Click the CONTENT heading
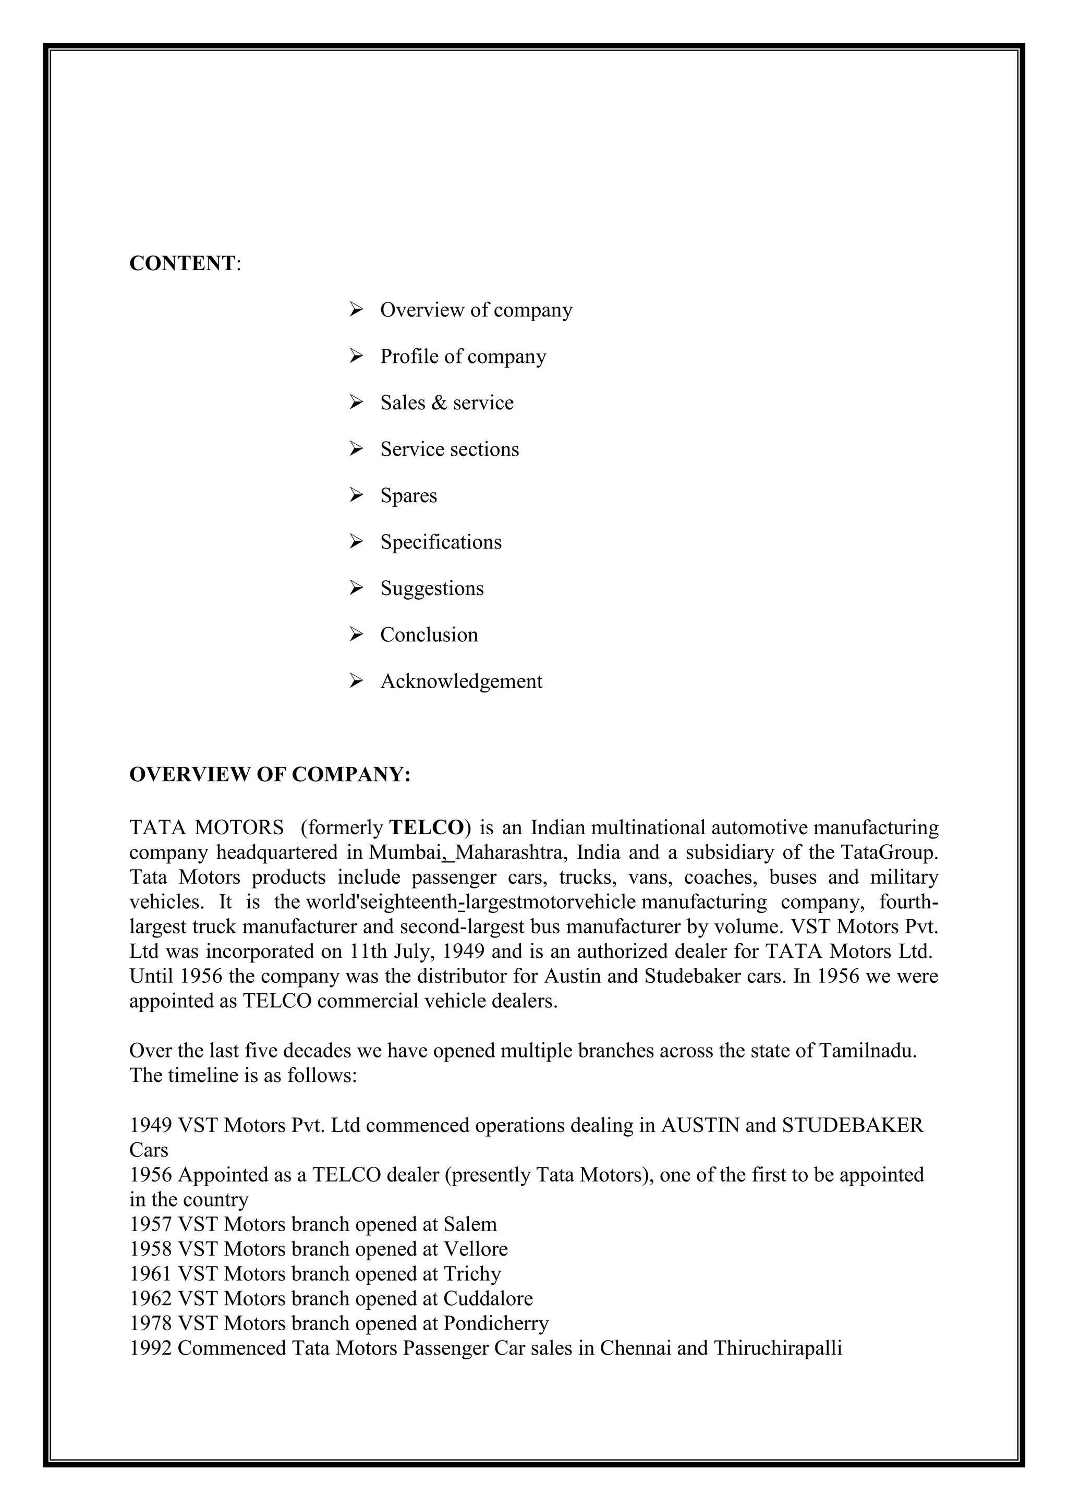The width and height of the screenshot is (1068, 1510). coord(181,263)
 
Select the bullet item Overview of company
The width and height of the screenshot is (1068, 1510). coord(476,310)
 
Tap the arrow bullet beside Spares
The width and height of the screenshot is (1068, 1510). coord(356,495)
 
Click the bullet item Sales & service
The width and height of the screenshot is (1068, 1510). coord(446,403)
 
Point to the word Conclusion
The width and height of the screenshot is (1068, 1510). coord(429,635)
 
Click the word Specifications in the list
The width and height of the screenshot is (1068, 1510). coord(441,542)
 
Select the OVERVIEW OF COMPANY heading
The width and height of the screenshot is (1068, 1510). coord(270,775)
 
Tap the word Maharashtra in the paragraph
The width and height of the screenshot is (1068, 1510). coord(512,853)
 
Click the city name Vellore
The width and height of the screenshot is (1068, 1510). coord(476,1249)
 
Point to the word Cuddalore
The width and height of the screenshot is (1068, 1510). coord(488,1298)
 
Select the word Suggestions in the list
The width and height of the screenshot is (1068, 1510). coord(431,588)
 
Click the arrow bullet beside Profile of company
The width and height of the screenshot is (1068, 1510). coord(356,356)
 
